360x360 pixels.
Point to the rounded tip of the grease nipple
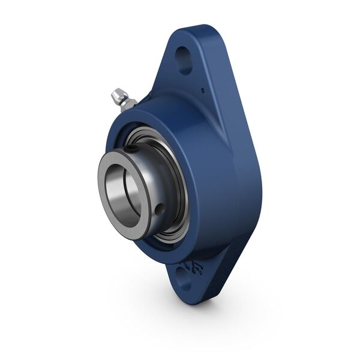pos(114,94)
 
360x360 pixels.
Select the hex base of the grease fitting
pos(127,103)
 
